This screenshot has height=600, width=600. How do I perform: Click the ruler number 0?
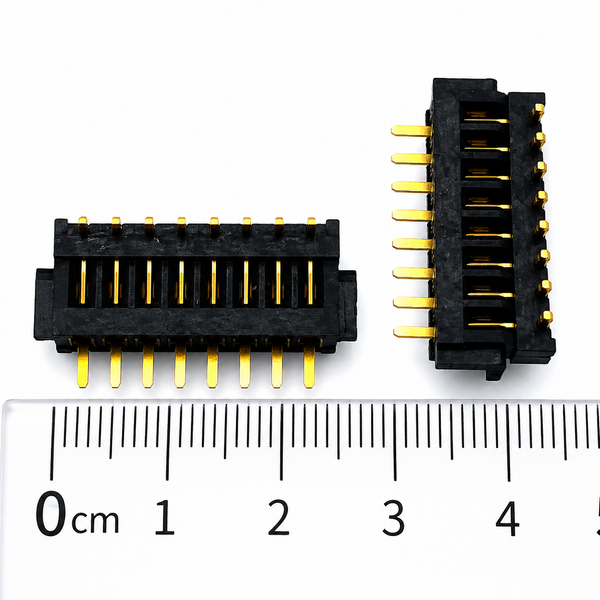click(x=51, y=513)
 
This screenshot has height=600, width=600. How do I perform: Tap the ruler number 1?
click(x=165, y=517)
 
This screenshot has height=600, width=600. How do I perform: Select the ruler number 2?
click(x=279, y=517)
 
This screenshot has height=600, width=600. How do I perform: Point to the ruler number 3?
click(x=393, y=518)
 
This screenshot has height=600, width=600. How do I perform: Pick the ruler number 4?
click(x=508, y=518)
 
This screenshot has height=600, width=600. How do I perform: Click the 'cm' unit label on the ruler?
click(x=95, y=521)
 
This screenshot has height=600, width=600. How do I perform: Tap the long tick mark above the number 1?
click(x=167, y=443)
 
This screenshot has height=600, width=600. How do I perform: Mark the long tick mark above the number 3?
click(x=395, y=443)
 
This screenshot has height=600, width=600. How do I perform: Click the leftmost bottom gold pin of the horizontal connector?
click(x=83, y=365)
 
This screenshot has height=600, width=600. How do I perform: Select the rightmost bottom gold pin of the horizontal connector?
click(x=309, y=366)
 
